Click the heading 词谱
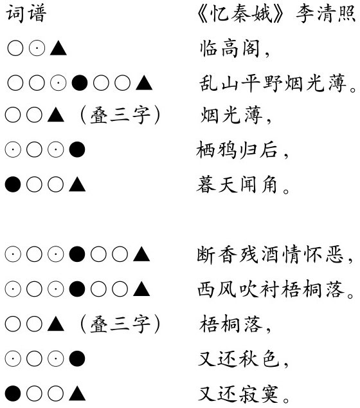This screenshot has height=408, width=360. point(26,14)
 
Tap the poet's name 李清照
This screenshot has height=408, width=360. point(326,14)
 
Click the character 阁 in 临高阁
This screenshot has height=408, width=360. point(251,48)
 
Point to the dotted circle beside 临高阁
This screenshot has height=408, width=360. point(37,48)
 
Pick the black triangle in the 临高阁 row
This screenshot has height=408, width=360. point(58,48)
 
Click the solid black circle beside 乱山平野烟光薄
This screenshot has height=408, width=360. point(80,83)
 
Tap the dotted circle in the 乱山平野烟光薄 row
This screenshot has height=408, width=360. point(59,83)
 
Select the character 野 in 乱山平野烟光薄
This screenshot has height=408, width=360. point(273,83)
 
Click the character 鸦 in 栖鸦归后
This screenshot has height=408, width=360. point(227,151)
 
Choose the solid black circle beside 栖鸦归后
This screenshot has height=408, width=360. point(77,149)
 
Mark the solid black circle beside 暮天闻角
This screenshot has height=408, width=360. point(13,184)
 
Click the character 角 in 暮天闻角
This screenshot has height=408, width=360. point(269,184)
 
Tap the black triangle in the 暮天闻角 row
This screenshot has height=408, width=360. point(77,184)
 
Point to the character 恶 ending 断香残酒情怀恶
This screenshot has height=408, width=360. point(336,254)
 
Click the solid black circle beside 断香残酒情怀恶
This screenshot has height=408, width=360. point(77,254)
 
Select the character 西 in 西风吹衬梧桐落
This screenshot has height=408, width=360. point(206,290)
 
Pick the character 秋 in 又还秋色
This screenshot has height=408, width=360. point(249,359)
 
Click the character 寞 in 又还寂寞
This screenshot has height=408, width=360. point(270,394)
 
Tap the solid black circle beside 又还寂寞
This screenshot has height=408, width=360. point(13,393)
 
